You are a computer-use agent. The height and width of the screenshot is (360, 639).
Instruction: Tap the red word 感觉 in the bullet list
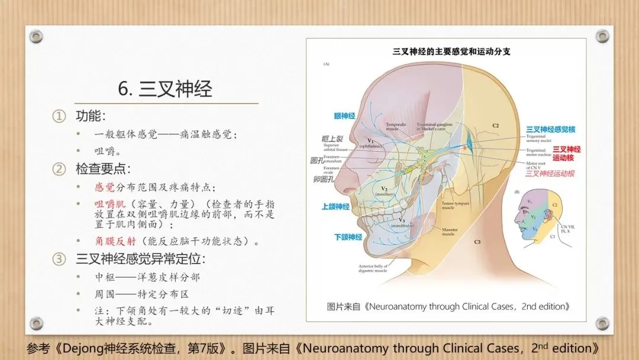pyautogui.click(x=105, y=187)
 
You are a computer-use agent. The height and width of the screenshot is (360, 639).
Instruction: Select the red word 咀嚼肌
pyautogui.click(x=109, y=204)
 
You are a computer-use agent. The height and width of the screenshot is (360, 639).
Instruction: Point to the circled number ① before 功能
pyautogui.click(x=59, y=116)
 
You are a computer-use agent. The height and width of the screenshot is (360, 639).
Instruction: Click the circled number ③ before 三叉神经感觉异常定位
pyautogui.click(x=59, y=259)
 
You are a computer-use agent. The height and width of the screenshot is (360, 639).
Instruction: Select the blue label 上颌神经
pyautogui.click(x=335, y=207)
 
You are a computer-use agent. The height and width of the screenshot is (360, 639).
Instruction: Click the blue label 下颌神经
pyautogui.click(x=347, y=236)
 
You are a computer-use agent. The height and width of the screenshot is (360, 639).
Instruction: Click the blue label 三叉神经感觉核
pyautogui.click(x=551, y=128)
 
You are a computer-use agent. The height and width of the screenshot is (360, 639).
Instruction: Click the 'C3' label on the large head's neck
pyautogui.click(x=477, y=242)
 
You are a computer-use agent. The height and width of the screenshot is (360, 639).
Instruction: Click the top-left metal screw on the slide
pyautogui.click(x=36, y=36)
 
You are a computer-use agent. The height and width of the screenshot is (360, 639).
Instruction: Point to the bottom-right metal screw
pyautogui.click(x=602, y=323)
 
